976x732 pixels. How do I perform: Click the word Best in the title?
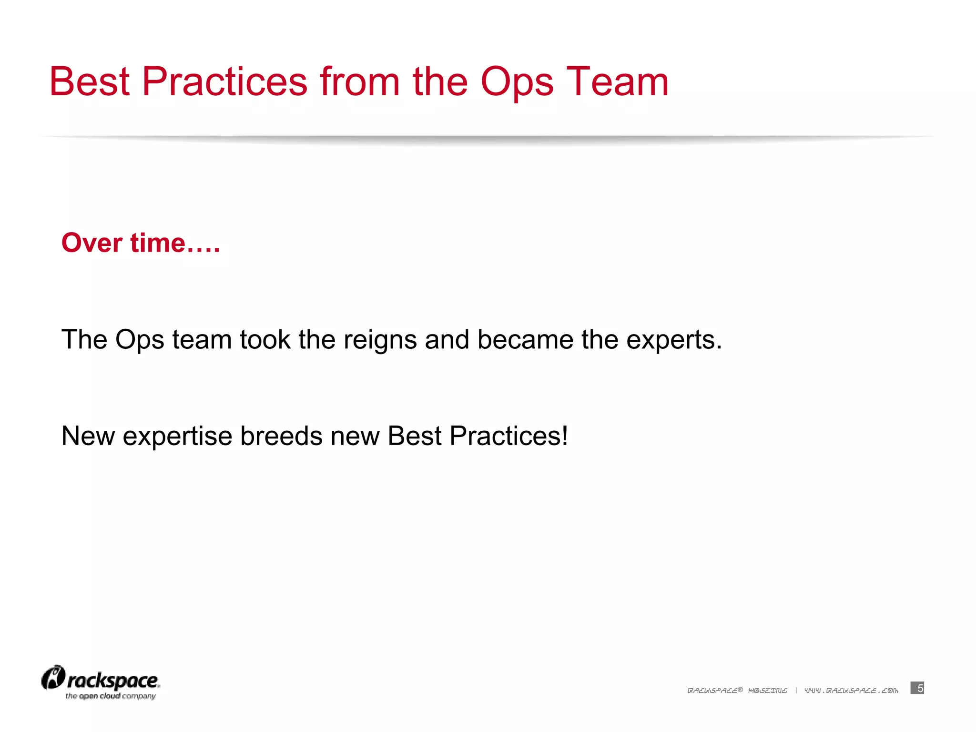[x=90, y=82]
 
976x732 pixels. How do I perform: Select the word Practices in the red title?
[x=224, y=82]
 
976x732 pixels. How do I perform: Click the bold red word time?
[x=158, y=243]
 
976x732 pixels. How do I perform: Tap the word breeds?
[x=281, y=436]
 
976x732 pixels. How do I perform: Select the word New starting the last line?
[x=88, y=436]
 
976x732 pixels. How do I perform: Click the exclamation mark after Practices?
[x=565, y=436]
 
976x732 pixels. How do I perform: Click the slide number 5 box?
[x=917, y=688]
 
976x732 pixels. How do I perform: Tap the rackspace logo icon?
[x=53, y=678]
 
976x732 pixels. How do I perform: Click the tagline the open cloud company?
[x=111, y=696]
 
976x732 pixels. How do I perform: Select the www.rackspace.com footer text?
[x=851, y=691]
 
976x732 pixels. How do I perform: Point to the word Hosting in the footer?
[x=768, y=691]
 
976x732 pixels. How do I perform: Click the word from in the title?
[x=360, y=82]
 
